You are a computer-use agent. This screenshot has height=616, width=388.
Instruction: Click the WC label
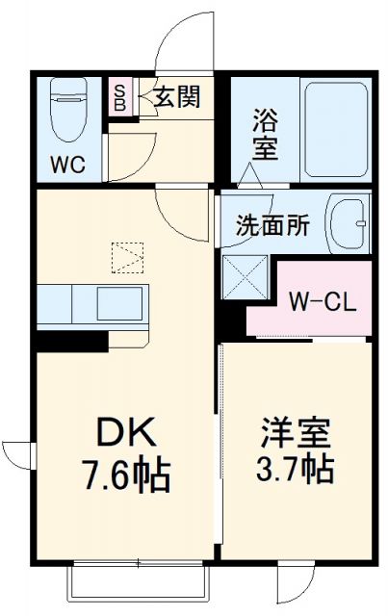coord(66,164)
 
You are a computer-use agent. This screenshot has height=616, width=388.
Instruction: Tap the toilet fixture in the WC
coord(67,111)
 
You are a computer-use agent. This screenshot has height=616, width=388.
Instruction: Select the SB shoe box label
coord(120,97)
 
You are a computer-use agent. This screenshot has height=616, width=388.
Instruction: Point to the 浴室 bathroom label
coord(265,135)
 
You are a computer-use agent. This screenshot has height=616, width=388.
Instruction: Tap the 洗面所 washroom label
coord(273,228)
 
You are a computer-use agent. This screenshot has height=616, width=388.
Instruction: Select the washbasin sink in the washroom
coord(349,223)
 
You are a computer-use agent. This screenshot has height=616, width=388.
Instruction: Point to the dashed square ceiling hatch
coord(127,257)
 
